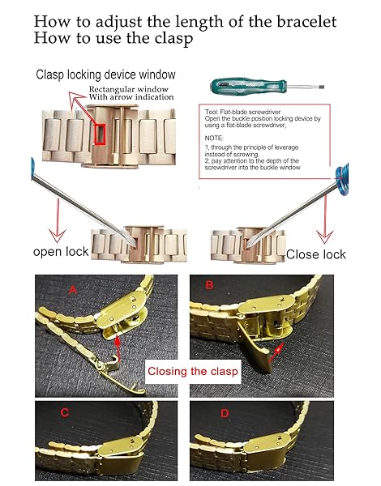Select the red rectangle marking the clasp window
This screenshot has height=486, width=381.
100,134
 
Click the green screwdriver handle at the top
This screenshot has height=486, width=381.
249,84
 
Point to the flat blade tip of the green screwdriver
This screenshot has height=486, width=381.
321,87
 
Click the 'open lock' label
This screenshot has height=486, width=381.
61,252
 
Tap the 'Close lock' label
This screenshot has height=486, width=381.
316,254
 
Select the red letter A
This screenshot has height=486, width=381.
72,290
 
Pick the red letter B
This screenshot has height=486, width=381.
209,284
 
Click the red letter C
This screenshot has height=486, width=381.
65,412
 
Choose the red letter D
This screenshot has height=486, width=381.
225,413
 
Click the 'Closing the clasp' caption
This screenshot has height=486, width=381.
193,371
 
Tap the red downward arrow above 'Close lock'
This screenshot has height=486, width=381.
325,220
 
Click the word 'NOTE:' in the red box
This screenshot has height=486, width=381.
214,138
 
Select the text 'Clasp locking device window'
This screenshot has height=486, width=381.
106,75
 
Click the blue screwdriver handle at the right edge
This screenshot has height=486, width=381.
342,176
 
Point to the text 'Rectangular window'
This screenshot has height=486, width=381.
128,89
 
